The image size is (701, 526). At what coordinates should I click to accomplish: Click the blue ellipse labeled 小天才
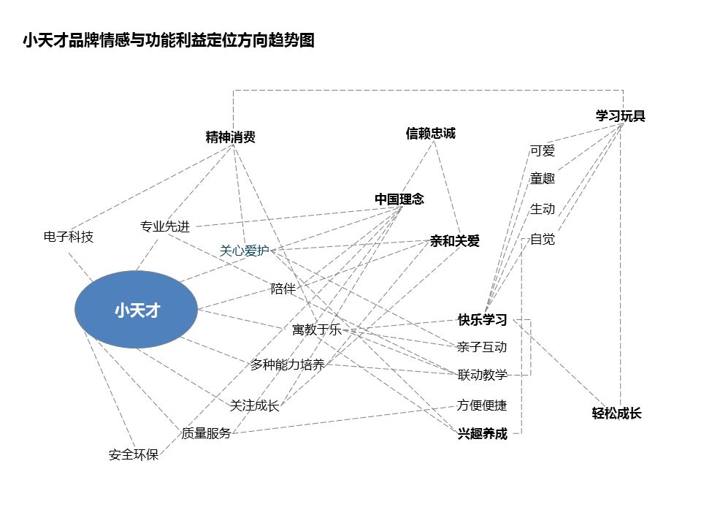point(137,310)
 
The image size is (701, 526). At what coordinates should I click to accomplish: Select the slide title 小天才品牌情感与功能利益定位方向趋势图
point(168,41)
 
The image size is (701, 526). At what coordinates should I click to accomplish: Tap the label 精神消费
point(231,137)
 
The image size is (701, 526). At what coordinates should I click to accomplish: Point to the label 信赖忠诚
point(430,133)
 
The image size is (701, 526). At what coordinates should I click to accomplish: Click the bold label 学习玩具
point(620,116)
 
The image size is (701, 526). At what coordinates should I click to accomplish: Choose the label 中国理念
point(399,199)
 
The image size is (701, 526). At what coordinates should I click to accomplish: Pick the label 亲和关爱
point(455,241)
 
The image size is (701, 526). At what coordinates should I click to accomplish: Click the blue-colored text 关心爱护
point(245,251)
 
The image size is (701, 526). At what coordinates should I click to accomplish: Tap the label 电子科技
point(69,237)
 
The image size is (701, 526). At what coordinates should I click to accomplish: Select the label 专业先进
point(165,226)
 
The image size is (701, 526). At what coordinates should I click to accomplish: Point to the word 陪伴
point(283,289)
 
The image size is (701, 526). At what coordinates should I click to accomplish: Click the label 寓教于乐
point(316,329)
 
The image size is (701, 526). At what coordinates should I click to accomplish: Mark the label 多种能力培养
point(287,365)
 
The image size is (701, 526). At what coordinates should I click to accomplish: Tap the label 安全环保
point(134,455)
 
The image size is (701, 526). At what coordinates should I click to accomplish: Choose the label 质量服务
point(206,433)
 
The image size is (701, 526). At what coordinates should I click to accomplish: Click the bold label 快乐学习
point(482,320)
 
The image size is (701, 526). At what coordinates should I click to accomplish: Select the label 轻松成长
point(616,413)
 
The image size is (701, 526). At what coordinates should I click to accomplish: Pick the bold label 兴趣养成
point(482,434)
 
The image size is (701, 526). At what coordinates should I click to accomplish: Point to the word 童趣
point(543,179)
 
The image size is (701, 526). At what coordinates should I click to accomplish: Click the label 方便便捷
point(482,405)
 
